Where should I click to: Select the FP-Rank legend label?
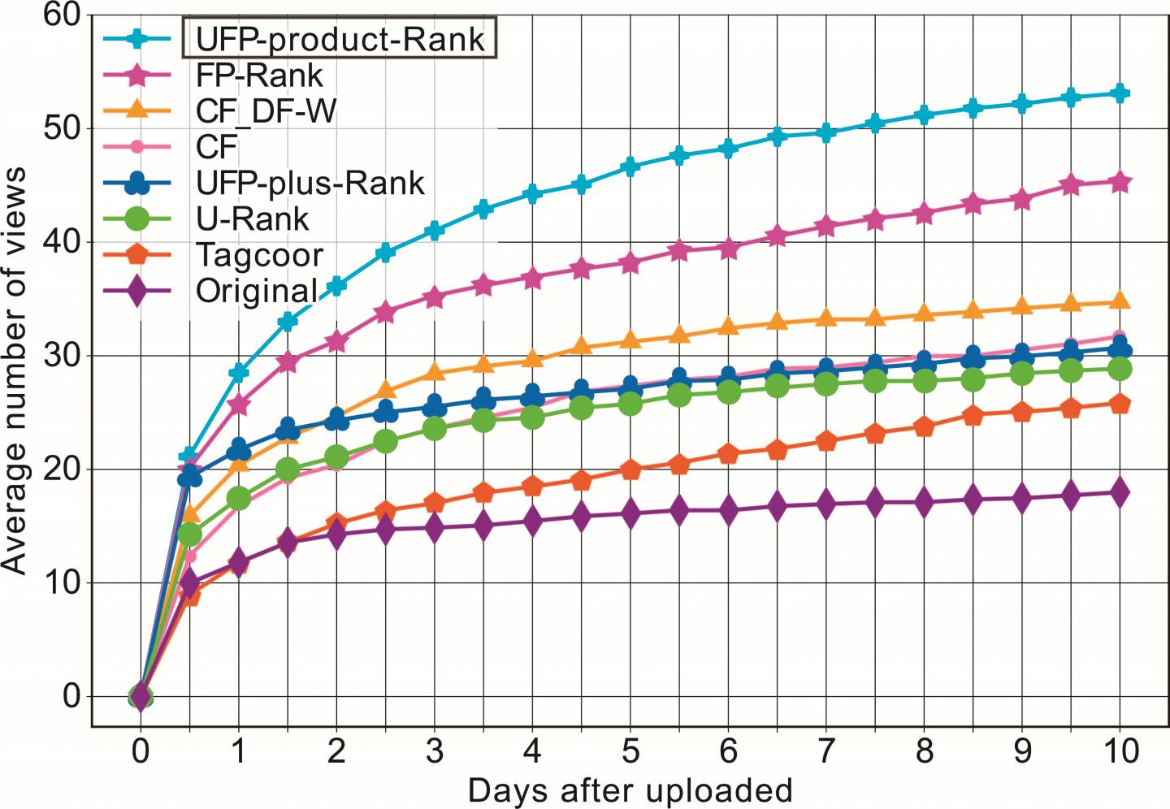coord(259,75)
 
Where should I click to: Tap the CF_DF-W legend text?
coord(266,110)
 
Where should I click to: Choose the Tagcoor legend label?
coord(259,255)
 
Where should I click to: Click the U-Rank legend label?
coord(253,218)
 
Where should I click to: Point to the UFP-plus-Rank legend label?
coord(310,183)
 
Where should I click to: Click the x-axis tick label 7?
coord(826,752)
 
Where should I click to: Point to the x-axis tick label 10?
coord(1120,752)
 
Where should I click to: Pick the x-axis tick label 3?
coord(434,752)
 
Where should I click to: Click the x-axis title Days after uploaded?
coord(630,790)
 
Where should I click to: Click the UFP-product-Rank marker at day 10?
coord(1120,93)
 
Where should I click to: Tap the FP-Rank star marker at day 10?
coord(1120,182)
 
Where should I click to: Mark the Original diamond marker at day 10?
coord(1120,492)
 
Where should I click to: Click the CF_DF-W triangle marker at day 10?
coord(1120,301)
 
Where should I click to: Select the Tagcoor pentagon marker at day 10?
coord(1120,404)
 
